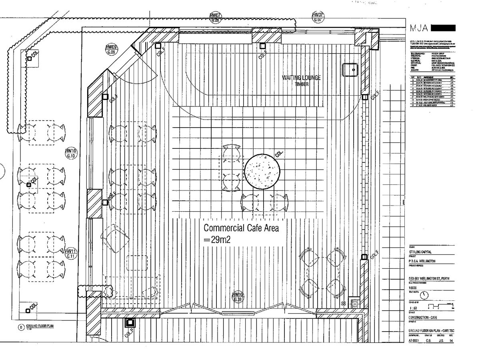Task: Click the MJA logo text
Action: point(419,28)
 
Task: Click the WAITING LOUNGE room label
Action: point(302,78)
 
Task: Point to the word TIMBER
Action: point(302,84)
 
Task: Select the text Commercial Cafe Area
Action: point(241,228)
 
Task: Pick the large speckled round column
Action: point(262,172)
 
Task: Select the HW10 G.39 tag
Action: point(238,296)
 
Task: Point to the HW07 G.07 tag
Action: point(318,17)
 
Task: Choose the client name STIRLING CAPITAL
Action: point(422,252)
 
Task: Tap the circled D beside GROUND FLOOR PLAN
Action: point(21,327)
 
